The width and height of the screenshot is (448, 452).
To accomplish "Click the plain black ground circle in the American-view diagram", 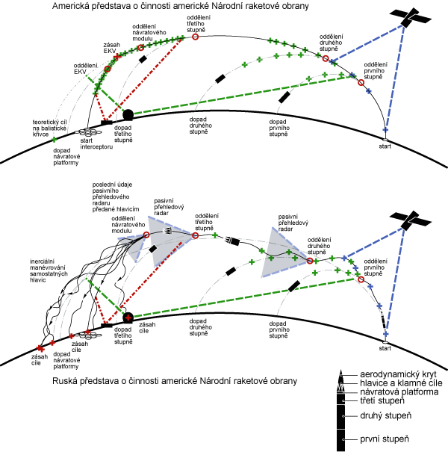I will (x=128, y=114).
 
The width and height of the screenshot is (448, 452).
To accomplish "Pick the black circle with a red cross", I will (x=128, y=317).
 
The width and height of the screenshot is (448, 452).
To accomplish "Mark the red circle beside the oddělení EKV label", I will (x=107, y=69).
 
